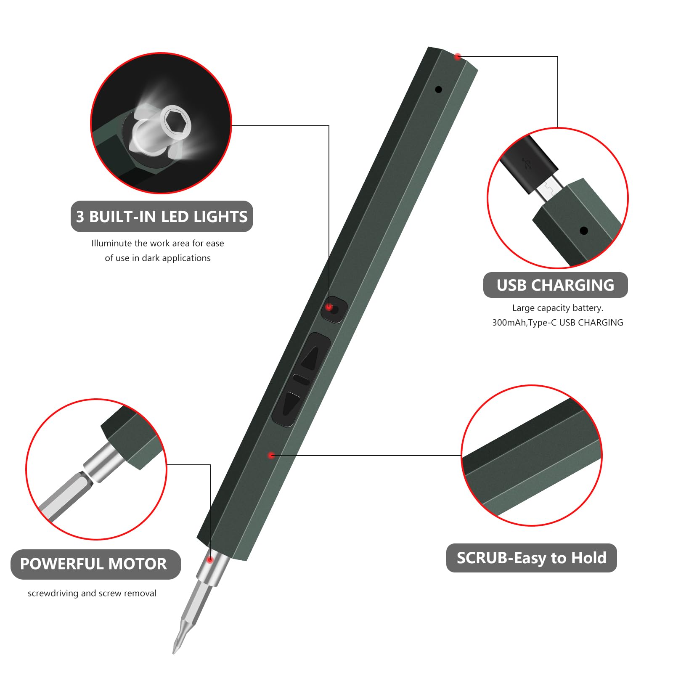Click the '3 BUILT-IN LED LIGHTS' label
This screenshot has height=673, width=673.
(162, 217)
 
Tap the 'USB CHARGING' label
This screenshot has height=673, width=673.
(555, 285)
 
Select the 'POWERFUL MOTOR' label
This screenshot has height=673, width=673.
(93, 564)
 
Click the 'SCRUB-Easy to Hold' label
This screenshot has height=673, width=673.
(531, 558)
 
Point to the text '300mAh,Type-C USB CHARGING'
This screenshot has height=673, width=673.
(558, 323)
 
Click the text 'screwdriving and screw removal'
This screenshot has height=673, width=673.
(92, 593)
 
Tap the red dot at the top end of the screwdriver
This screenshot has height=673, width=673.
(458, 57)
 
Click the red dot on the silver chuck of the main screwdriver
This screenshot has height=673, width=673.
(209, 560)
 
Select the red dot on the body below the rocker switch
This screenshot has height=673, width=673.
(271, 455)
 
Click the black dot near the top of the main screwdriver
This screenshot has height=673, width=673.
(438, 90)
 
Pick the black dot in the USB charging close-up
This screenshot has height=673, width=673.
(583, 231)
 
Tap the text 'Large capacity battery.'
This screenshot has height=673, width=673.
(558, 308)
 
